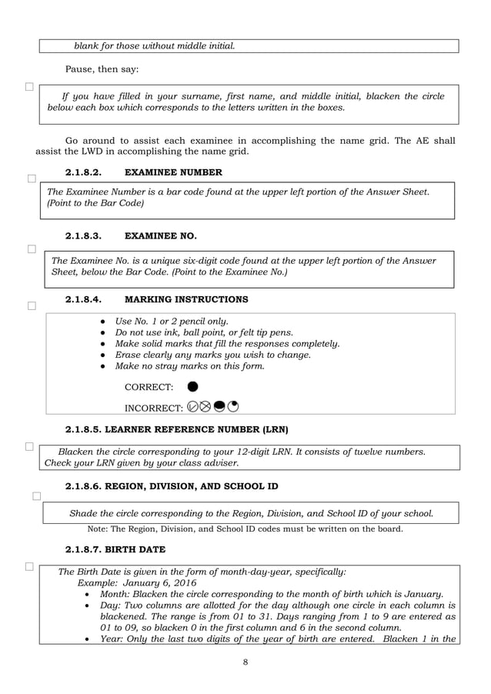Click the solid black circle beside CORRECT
pyautogui.click(x=192, y=385)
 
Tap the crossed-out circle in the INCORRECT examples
pyautogui.click(x=205, y=406)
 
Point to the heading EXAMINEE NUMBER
pyautogui.click(x=173, y=172)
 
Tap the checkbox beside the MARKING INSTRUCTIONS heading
pyautogui.click(x=32, y=306)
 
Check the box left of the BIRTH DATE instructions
pyautogui.click(x=29, y=567)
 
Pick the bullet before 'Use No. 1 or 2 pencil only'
pyautogui.click(x=103, y=321)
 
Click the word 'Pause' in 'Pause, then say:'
pyautogui.click(x=80, y=69)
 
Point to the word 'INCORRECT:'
pyautogui.click(x=154, y=407)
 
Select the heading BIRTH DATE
pyautogui.click(x=131, y=550)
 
